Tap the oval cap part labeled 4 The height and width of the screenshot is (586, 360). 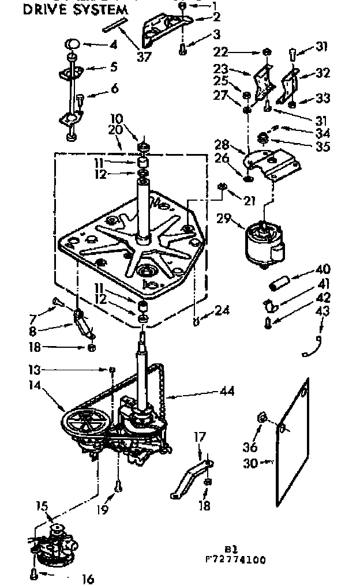[73, 43]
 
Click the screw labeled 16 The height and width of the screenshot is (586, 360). [34, 574]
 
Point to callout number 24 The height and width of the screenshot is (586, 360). [222, 310]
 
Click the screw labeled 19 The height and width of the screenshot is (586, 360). [118, 487]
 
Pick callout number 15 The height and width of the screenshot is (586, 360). [42, 508]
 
